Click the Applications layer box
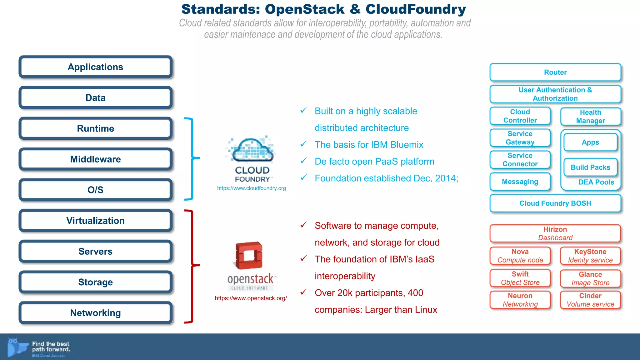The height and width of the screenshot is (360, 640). [96, 67]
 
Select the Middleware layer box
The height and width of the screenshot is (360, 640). [96, 159]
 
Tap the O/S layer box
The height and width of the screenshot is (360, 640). [96, 190]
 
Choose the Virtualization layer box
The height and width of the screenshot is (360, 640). [96, 221]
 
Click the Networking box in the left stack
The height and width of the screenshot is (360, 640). [96, 313]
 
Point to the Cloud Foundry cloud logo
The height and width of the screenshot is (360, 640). [252, 150]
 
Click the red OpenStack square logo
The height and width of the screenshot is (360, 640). [249, 255]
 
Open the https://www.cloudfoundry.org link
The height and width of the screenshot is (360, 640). [252, 188]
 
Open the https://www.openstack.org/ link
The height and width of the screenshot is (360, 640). [251, 298]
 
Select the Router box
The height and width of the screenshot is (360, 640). [555, 72]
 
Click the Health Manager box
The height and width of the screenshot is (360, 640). [590, 117]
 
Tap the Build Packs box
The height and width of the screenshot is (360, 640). [590, 167]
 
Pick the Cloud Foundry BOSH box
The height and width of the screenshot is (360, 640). [555, 203]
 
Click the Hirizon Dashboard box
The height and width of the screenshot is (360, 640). [555, 233]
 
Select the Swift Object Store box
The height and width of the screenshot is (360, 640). [520, 278]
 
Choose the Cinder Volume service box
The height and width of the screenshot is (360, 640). [590, 300]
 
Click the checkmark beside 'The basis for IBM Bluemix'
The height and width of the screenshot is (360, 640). [303, 144]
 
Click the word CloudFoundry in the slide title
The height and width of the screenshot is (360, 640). [416, 9]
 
